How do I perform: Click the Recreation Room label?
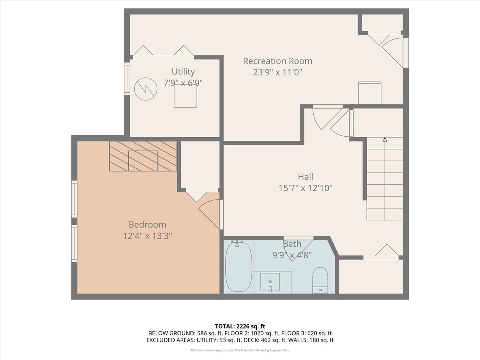pos(278,61)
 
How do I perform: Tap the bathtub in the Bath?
pos(238,267)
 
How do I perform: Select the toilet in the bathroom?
pos(320,280)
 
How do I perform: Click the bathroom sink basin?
pos(270,282)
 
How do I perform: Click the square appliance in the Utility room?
pos(185,96)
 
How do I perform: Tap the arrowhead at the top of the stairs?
pos(385,140)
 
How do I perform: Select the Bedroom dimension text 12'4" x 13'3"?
pos(147,236)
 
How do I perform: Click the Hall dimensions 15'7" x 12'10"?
pos(306,188)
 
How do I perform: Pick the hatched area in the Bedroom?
pos(143,156)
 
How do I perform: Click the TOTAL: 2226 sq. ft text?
pos(240,326)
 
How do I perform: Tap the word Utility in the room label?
pos(183,72)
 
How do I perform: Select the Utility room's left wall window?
pos(127,78)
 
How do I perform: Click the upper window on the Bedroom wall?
pos(74,199)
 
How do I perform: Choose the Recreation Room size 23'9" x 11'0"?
pos(278,72)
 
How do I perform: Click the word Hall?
pos(306,177)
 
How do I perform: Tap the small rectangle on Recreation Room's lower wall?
pos(370,93)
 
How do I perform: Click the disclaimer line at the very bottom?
pos(240,350)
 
